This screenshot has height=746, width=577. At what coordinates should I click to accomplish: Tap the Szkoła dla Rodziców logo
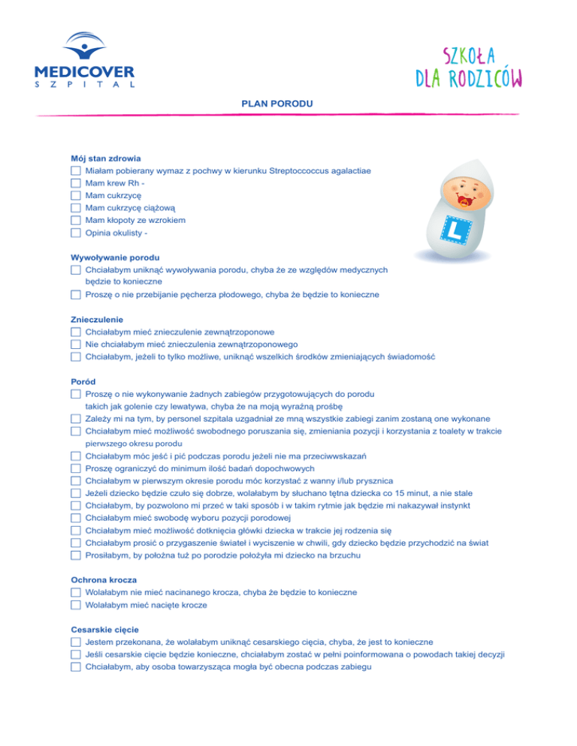tap(469, 66)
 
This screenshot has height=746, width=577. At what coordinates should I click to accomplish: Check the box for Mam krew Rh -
tap(75, 183)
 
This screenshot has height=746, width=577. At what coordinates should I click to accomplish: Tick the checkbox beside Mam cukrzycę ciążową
tap(75, 208)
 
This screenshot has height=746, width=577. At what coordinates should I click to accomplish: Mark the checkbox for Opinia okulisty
tap(75, 233)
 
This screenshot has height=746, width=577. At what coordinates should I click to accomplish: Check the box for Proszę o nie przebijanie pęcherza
tap(75, 294)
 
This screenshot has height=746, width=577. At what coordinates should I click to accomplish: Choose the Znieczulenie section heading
tap(96, 319)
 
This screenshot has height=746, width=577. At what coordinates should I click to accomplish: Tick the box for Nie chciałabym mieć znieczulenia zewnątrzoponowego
tap(75, 344)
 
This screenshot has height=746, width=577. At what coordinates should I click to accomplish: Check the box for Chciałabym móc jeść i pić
tap(75, 455)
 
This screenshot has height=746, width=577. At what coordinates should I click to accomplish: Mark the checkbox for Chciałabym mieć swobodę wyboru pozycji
tap(75, 517)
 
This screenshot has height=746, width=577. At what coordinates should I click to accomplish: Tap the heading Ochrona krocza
tap(104, 579)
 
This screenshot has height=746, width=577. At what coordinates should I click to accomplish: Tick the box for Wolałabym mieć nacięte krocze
tap(75, 604)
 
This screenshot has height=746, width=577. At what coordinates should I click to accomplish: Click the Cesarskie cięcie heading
tap(104, 629)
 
